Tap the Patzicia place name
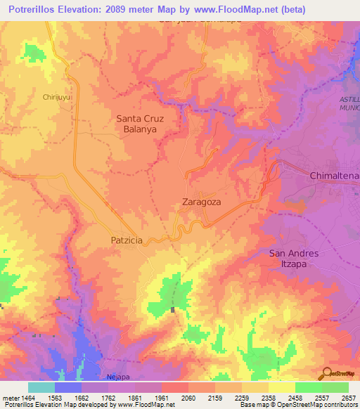pyautogui.click(x=127, y=240)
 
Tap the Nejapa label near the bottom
pyautogui.click(x=118, y=377)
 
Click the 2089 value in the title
pyautogui.click(x=119, y=10)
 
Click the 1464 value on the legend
pyautogui.click(x=29, y=397)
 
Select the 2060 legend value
pyautogui.click(x=188, y=397)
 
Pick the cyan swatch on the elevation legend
pyautogui.click(x=41, y=387)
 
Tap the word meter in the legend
pyautogui.click(x=10, y=397)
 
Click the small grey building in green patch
pyautogui.click(x=172, y=309)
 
